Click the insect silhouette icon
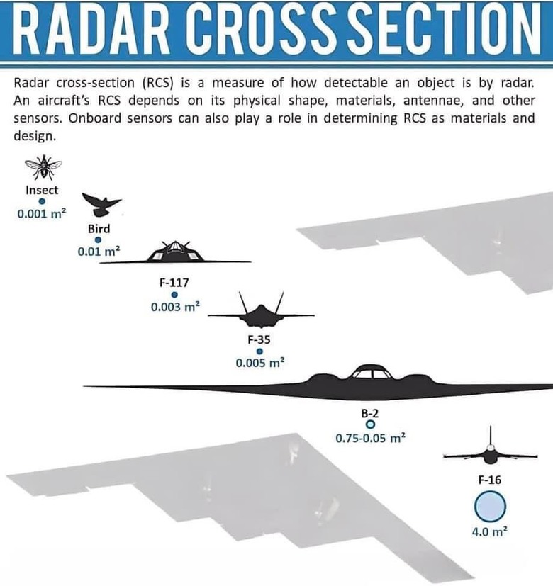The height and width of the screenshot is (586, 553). pos(43,167)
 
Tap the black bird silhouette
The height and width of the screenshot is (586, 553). pos(101,205)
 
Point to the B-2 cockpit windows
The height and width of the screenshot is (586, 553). pos(372,373)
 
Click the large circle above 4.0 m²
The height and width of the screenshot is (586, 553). pos(490,507)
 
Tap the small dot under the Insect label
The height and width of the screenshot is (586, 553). pos(42,201)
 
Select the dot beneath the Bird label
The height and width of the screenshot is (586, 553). pos(98,240)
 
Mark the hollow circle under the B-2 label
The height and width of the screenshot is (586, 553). pos(370,424)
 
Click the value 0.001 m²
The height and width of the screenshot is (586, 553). pos(42,213)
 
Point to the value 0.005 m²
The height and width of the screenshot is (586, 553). pos(260,363)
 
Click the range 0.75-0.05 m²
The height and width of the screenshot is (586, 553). pos(371,438)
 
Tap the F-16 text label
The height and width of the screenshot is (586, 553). pos(490,480)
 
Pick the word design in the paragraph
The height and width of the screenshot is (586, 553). pos(35,137)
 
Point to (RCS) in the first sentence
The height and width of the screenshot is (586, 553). pos(158,83)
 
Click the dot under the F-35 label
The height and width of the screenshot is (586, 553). pos(259,351)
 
